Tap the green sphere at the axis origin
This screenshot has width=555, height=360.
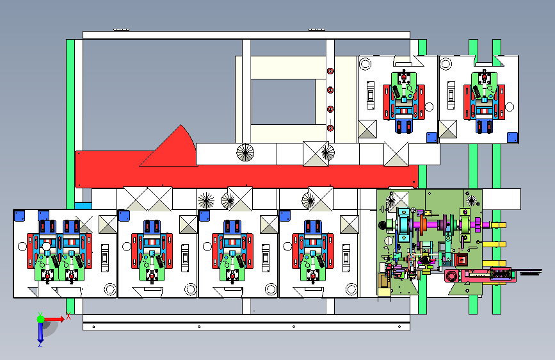pyautogui.click(x=41, y=319)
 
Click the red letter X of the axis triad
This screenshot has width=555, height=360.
pyautogui.click(x=68, y=316)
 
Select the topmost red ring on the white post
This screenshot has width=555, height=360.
pyautogui.click(x=330, y=71)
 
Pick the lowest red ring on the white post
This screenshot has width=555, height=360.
pyautogui.click(x=330, y=128)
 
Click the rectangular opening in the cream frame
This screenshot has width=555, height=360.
pyautogui.click(x=283, y=102)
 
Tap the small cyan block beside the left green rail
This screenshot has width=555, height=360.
pyautogui.click(x=83, y=206)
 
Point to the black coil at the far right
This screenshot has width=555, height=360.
pyautogui.click(x=531, y=272)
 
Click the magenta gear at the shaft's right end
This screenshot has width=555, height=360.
pyautogui.click(x=477, y=225)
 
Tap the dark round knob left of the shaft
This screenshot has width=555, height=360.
pyautogui.click(x=382, y=225)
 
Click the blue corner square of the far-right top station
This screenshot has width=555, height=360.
pyautogui.click(x=512, y=137)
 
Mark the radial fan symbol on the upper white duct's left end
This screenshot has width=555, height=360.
pyautogui.click(x=245, y=152)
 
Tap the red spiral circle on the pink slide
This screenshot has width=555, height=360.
pyautogui.click(x=452, y=275)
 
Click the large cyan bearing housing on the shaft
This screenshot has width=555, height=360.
pyautogui.click(x=403, y=225)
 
